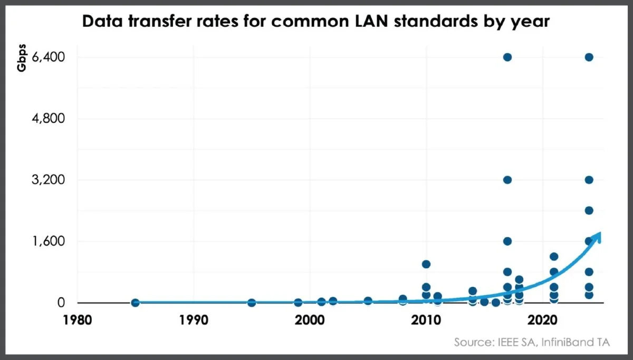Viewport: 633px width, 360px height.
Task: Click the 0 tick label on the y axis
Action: (x=62, y=303)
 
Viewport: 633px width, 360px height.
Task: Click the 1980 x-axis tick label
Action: (x=79, y=320)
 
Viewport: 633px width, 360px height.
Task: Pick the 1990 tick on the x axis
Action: (x=194, y=320)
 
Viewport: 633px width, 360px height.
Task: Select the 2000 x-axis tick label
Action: (x=310, y=320)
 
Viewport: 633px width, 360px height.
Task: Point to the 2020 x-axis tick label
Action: (x=542, y=320)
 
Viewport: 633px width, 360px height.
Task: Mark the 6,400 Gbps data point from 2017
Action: (x=507, y=57)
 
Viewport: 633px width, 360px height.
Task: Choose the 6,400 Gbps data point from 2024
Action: (x=589, y=57)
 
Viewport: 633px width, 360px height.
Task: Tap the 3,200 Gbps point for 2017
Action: (x=507, y=180)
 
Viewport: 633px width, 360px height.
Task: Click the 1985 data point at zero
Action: (x=136, y=303)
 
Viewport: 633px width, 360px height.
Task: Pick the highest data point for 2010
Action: (x=426, y=264)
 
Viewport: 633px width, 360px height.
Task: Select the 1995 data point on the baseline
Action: (x=252, y=303)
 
